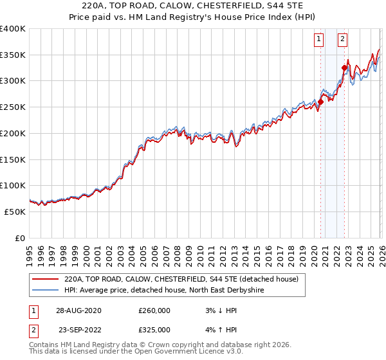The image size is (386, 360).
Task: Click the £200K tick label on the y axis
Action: click(12, 133)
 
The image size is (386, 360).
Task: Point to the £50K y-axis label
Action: click(15, 212)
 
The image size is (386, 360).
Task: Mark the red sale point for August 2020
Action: click(320, 102)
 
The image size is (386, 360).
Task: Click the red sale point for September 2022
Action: click(344, 67)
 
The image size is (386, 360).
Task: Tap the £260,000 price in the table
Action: click(154, 310)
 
